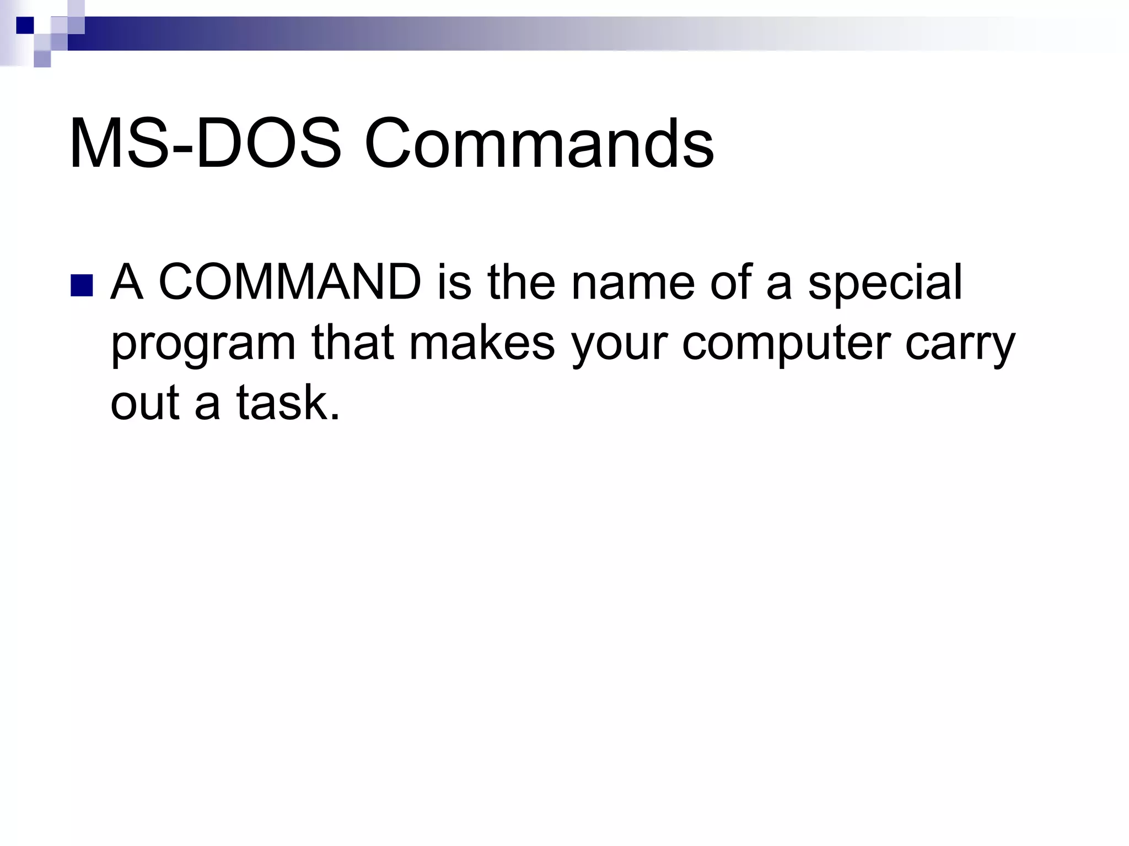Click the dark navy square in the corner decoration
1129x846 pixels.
point(24,25)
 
